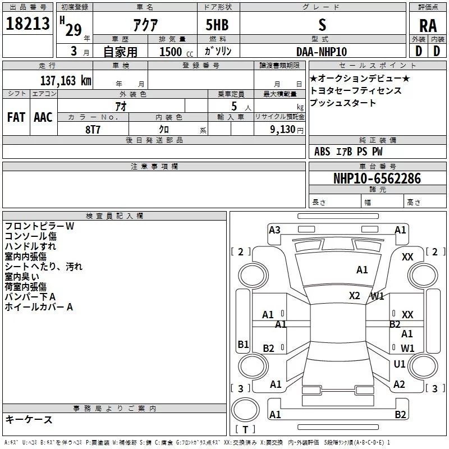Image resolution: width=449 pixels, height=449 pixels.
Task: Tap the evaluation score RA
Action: click(428, 26)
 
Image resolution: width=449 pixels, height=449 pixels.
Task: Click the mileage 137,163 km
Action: click(66, 80)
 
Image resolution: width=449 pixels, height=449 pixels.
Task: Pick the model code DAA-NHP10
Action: click(322, 52)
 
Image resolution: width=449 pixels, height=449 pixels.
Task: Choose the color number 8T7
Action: click(93, 129)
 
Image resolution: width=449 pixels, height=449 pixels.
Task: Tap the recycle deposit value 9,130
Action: click(283, 129)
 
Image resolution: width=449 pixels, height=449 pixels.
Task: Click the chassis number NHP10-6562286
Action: click(377, 178)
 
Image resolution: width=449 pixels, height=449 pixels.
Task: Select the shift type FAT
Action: click(16, 117)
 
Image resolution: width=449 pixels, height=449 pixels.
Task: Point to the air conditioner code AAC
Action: click(43, 117)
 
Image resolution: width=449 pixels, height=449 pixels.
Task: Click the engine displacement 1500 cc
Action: click(175, 52)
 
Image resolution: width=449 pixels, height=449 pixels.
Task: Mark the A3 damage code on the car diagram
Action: click(274, 230)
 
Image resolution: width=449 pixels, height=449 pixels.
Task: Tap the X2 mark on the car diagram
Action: click(355, 296)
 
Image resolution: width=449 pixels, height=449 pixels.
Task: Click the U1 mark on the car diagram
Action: click(400, 364)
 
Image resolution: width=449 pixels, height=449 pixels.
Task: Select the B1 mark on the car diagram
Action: click(243, 345)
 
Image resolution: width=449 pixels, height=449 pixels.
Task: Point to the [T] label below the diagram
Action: click(245, 430)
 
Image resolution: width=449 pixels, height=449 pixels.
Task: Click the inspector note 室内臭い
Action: click(21, 276)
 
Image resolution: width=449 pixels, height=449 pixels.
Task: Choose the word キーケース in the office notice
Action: click(29, 420)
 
